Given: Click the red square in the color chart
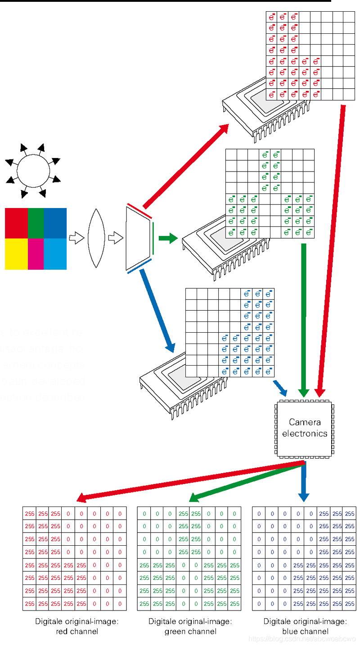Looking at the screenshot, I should click(16, 223).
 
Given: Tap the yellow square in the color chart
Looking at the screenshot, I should click(16, 254).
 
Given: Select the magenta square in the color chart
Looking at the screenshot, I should click(36, 254).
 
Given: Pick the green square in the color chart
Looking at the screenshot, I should click(36, 223).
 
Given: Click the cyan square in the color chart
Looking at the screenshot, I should click(55, 254).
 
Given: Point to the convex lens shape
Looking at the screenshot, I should click(96, 238).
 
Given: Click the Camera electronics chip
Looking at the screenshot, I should click(304, 428).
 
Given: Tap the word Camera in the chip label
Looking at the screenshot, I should click(305, 422).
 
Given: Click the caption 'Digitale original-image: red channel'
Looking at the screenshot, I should click(76, 626).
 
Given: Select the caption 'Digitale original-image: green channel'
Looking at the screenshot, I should click(190, 626).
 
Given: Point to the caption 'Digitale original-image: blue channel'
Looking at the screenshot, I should click(305, 626).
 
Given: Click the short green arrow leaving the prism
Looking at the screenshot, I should click(167, 238).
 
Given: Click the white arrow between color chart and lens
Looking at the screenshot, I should click(76, 238).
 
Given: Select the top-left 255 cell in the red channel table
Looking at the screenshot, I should click(30, 513).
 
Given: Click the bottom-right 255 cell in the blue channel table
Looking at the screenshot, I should click(349, 603).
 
